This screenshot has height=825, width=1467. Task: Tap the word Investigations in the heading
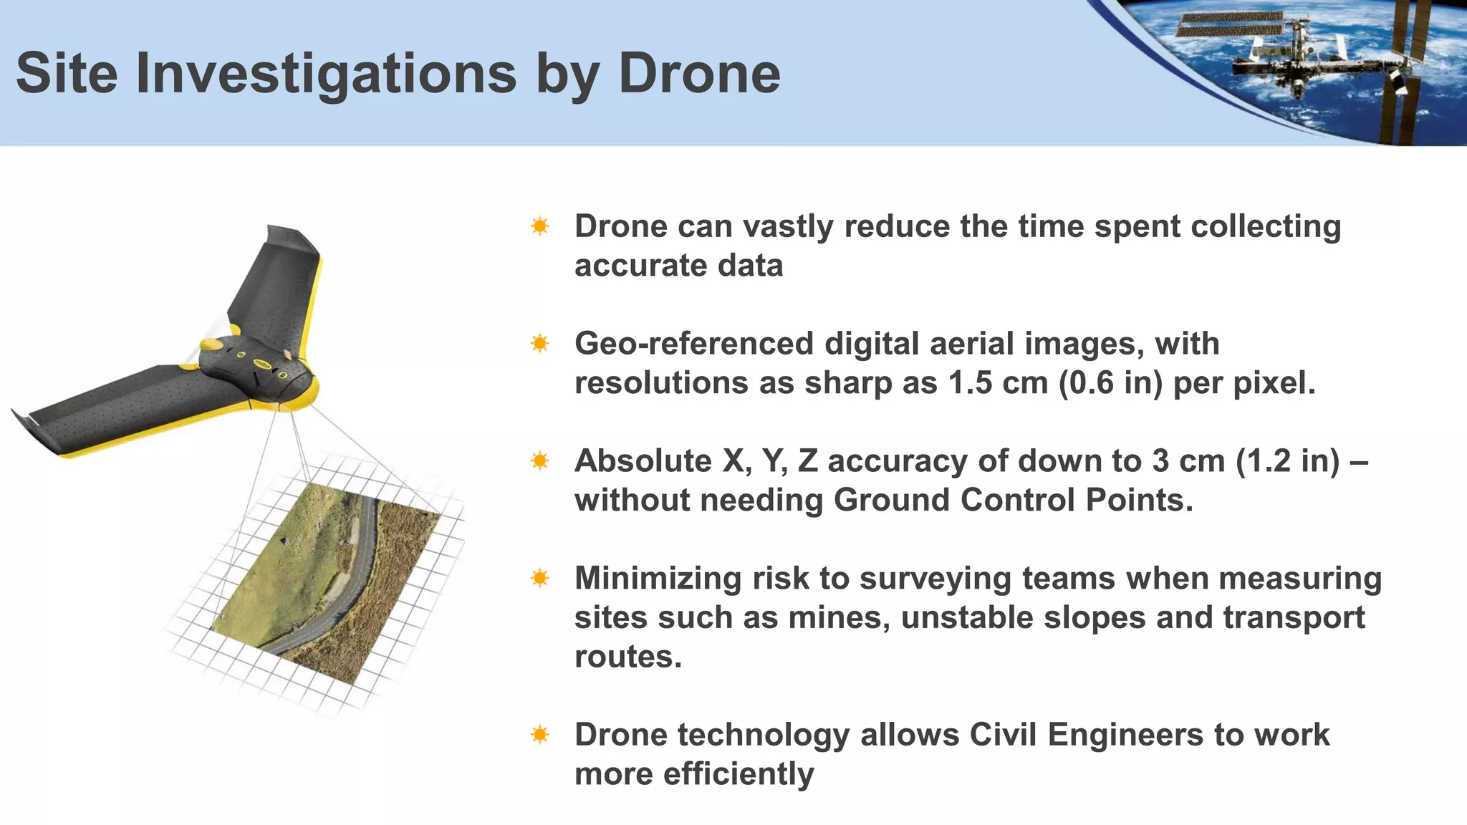pos(326,74)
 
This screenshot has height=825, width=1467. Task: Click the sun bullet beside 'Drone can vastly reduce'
pos(540,227)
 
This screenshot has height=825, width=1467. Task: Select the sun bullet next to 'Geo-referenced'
pos(540,344)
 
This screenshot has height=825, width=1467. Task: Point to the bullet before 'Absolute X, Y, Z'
pos(540,461)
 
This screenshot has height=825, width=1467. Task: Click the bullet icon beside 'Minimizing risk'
pos(540,578)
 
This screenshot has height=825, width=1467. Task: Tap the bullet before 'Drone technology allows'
pos(540,735)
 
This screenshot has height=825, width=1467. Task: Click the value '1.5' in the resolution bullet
pos(971,383)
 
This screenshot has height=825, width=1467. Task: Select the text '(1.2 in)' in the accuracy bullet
pos(1287,461)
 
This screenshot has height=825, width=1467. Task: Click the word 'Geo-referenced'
pos(693,344)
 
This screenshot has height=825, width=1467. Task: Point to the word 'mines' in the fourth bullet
pos(834,617)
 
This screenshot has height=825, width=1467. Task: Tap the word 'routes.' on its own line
pos(628,657)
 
